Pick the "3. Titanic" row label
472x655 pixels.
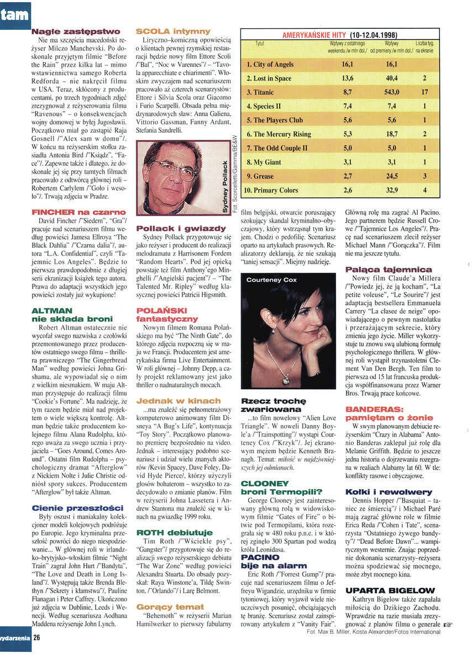pyautogui.click(x=260, y=92)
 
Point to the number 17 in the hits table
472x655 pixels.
pyautogui.click(x=424, y=92)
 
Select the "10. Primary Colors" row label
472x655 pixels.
pyautogui.click(x=271, y=190)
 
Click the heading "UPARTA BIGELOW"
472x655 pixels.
pyautogui.click(x=381, y=590)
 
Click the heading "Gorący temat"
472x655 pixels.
pyautogui.click(x=170, y=606)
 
